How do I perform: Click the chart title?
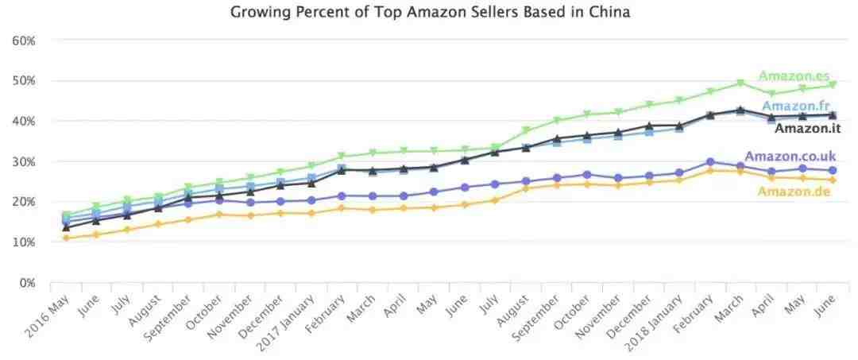(x=430, y=12)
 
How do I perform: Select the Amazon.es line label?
(x=794, y=76)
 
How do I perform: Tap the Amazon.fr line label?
(x=796, y=106)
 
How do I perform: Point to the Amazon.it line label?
(x=807, y=128)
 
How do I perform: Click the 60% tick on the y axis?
(x=23, y=40)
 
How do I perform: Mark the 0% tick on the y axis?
(x=26, y=282)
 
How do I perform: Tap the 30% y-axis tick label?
(x=23, y=161)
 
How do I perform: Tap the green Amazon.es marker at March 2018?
(x=740, y=83)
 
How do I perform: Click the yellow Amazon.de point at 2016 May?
(x=66, y=238)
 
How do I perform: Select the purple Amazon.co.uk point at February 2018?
(x=709, y=162)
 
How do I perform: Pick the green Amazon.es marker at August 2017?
(x=526, y=130)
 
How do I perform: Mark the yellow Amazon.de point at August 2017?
(x=526, y=188)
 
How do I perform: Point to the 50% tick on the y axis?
(x=23, y=80)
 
